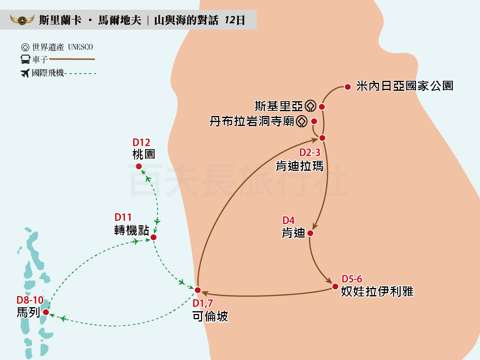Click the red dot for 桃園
(139, 166)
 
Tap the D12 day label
(141, 142)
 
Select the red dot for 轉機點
(153, 237)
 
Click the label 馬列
(28, 312)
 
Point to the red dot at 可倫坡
(197, 290)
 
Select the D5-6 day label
(352, 279)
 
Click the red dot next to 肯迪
(310, 233)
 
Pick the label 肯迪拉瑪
(300, 166)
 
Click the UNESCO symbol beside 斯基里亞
(310, 106)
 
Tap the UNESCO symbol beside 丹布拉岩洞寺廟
(302, 121)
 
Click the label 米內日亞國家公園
(404, 86)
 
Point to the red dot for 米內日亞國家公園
(347, 86)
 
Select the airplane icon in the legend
(25, 73)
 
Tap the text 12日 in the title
(235, 20)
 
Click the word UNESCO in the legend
(81, 47)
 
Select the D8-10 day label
(30, 300)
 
